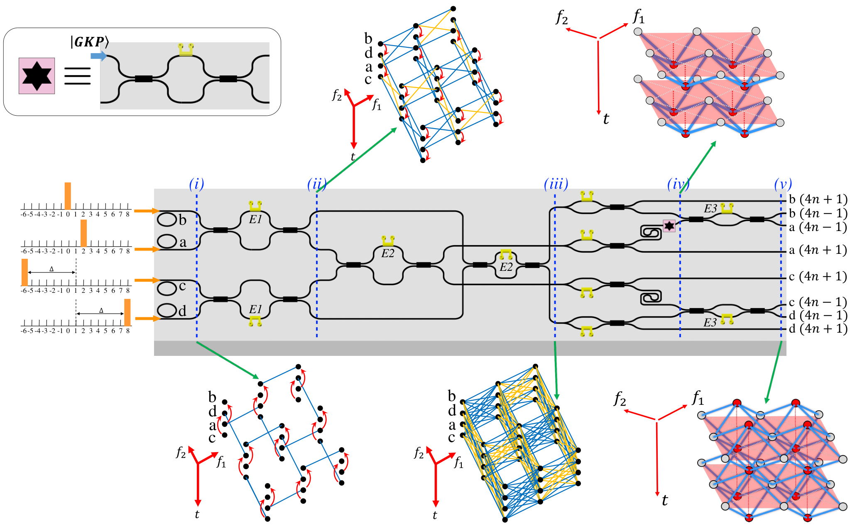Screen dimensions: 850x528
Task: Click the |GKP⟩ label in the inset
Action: (90, 41)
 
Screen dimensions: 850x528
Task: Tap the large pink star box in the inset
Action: (37, 76)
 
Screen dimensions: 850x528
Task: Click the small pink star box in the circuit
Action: (669, 226)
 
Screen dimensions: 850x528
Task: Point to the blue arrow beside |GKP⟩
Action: (98, 56)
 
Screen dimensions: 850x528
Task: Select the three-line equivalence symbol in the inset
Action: (77, 76)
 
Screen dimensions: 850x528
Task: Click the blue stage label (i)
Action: (196, 184)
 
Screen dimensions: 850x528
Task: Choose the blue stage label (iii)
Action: (556, 184)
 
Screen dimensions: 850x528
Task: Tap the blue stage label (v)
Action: (783, 184)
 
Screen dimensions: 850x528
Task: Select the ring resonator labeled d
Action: (167, 310)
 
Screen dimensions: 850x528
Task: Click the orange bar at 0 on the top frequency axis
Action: (68, 196)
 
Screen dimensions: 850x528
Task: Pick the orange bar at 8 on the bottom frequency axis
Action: (127, 312)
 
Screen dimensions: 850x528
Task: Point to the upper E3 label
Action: (710, 208)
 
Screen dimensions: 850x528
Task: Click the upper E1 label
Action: (255, 219)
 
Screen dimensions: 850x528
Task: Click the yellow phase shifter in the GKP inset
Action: (186, 49)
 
